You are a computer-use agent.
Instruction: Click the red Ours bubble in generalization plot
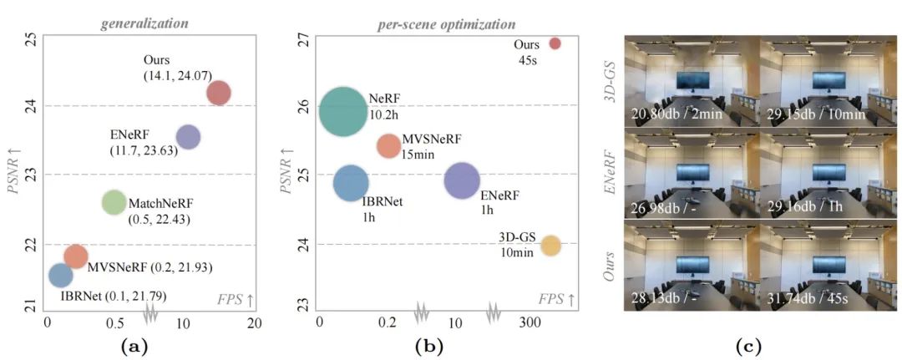coord(218,93)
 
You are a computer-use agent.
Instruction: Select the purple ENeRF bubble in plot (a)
coord(188,137)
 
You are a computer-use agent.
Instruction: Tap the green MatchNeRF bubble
coord(114,202)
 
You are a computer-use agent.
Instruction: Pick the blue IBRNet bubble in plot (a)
coord(60,274)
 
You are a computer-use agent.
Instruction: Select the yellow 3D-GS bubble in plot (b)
coord(550,245)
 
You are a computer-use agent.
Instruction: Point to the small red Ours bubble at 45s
coord(555,43)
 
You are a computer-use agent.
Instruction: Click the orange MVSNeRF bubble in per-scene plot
coord(388,146)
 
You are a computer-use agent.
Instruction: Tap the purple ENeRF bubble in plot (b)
coord(462,180)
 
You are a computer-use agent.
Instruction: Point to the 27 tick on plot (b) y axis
coord(304,39)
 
